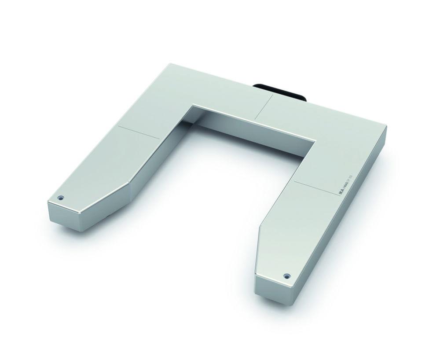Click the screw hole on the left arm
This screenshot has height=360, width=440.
[61, 198]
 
